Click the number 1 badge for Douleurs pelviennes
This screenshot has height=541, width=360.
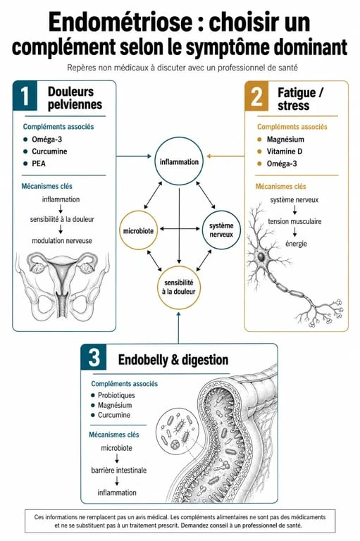tap(25, 96)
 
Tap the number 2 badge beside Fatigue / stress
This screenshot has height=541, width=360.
tap(256, 97)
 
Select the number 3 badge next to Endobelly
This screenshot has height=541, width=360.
tap(94, 357)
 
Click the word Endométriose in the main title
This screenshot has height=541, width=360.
tap(120, 22)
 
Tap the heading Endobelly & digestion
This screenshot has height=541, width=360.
tap(173, 360)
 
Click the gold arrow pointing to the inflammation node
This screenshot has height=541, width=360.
tap(225, 156)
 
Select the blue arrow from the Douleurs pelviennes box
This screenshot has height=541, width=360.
tap(134, 156)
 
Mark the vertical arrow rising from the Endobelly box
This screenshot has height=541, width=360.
tap(178, 328)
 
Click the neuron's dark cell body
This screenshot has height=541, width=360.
tap(261, 256)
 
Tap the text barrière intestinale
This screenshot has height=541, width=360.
tap(119, 471)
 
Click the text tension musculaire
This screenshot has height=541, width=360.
tap(294, 221)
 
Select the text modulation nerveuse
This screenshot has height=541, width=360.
tap(62, 241)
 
